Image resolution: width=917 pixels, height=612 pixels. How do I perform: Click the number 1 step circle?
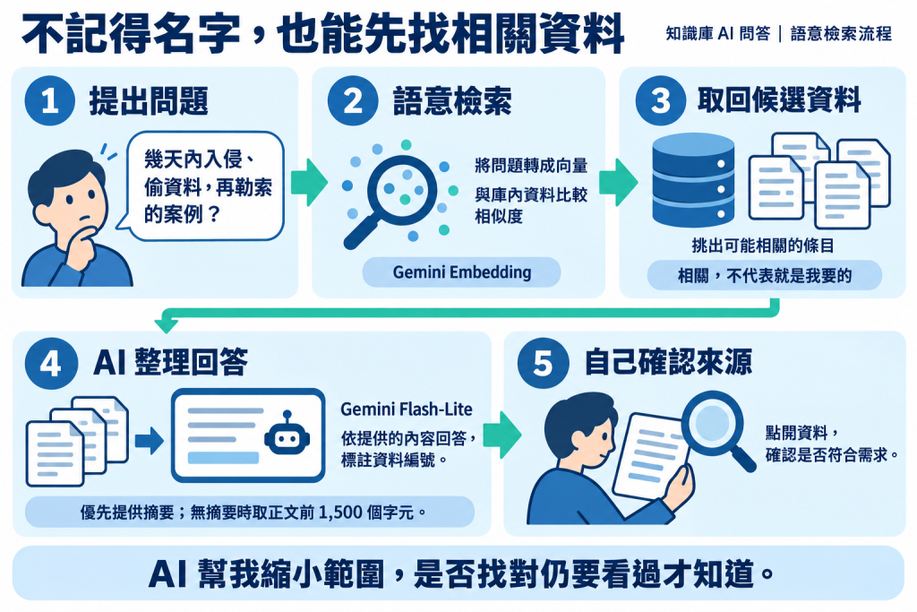click(x=50, y=100)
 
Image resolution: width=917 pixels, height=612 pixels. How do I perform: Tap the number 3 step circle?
click(x=661, y=100)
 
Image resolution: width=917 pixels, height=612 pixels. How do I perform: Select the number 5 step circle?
click(x=543, y=363)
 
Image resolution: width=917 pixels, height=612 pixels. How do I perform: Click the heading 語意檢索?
click(x=452, y=100)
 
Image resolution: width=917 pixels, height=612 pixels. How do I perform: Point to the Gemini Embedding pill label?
click(x=461, y=272)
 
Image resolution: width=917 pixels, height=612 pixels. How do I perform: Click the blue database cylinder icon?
click(x=693, y=179)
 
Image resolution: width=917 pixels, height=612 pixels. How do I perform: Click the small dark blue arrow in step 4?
click(x=150, y=441)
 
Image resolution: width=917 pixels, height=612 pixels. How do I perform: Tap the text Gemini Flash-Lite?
click(x=407, y=409)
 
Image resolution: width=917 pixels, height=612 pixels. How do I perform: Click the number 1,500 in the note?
click(x=341, y=513)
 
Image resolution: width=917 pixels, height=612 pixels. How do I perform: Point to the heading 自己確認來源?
click(x=668, y=362)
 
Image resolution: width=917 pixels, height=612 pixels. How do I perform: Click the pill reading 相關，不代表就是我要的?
click(x=765, y=275)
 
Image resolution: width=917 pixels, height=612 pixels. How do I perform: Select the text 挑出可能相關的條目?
click(x=763, y=246)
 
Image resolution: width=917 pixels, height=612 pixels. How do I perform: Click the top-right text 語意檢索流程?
click(x=841, y=33)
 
